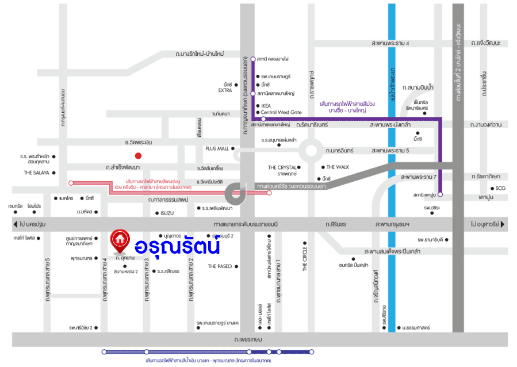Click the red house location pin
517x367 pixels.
[120, 240]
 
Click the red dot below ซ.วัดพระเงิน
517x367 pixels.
[138, 155]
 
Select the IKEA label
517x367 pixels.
[266, 106]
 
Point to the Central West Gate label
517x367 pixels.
[281, 113]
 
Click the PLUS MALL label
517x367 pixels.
[217, 148]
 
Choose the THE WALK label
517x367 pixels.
[338, 167]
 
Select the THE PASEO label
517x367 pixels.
[220, 266]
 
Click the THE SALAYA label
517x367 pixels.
[36, 172]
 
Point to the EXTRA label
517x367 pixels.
[225, 90]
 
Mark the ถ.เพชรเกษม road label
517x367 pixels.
[248, 340]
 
